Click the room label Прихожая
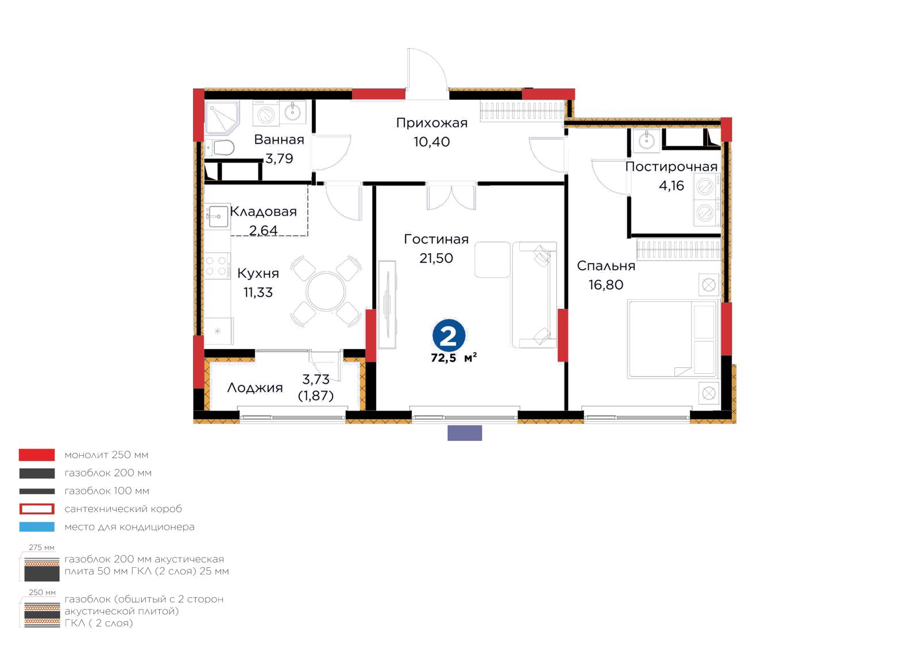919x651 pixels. point(431,123)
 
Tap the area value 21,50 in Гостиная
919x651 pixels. point(436,258)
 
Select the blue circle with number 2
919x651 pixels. point(449,336)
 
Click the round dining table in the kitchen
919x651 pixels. point(326,292)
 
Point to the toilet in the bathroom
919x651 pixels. point(220,148)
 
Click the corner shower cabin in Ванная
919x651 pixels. point(222,118)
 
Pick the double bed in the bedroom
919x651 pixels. point(673,339)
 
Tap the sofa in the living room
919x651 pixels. point(534,294)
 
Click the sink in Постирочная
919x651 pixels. point(647,139)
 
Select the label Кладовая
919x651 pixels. point(264,211)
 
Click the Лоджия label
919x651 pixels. point(255,388)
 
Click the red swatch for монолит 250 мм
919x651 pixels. point(37,455)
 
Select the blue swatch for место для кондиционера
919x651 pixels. point(37,527)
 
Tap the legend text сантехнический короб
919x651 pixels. point(123,509)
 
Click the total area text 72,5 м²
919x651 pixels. point(454,358)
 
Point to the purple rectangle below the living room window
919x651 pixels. point(465,433)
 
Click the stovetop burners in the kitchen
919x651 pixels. point(217,265)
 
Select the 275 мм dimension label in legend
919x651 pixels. point(41,548)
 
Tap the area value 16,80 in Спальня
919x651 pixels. point(606,285)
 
